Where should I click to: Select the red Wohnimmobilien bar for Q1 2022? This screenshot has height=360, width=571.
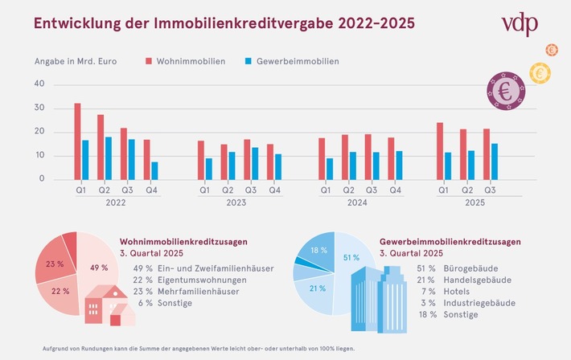click(x=77, y=141)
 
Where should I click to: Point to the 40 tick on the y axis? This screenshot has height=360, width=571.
click(x=39, y=84)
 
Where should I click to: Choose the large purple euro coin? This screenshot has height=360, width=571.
click(x=506, y=90)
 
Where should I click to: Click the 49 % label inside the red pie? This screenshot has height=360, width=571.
click(x=98, y=268)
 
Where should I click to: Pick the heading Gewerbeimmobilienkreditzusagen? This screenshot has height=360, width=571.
click(x=450, y=241)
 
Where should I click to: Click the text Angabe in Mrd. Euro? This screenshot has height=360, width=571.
click(x=77, y=61)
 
